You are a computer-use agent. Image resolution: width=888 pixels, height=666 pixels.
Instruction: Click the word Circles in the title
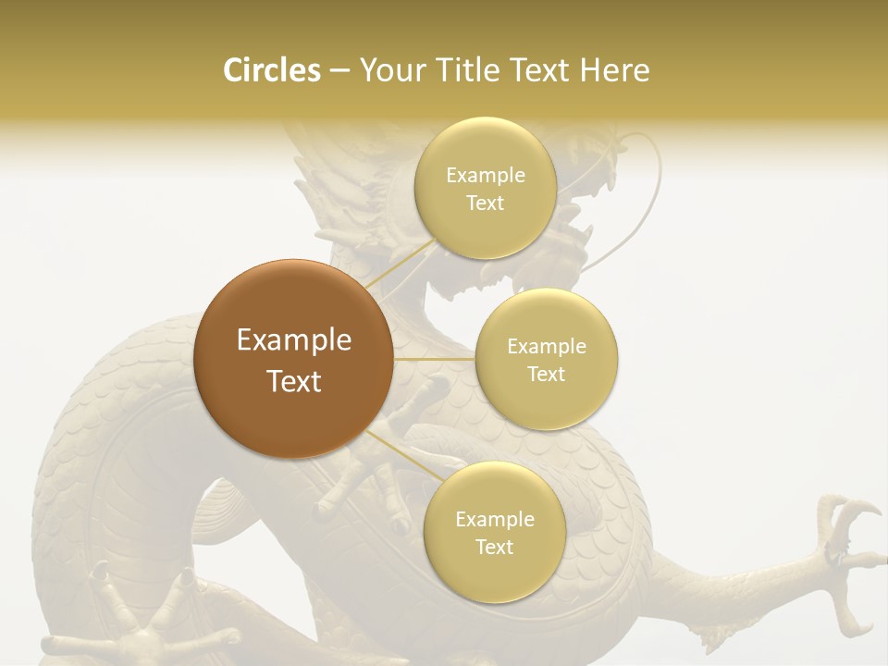pyautogui.click(x=272, y=70)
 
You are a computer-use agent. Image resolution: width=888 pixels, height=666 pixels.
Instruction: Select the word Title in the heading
pyautogui.click(x=481, y=70)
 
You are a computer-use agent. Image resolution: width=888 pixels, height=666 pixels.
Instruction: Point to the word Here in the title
pyautogui.click(x=614, y=70)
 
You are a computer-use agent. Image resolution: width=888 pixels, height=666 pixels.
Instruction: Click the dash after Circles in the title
pyautogui.click(x=339, y=71)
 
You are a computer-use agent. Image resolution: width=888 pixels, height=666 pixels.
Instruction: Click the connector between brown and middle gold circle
pyautogui.click(x=435, y=359)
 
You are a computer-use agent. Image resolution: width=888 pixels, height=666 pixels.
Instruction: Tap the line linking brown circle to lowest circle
pyautogui.click(x=402, y=457)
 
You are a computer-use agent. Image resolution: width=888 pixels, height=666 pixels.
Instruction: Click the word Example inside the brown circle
pyautogui.click(x=294, y=340)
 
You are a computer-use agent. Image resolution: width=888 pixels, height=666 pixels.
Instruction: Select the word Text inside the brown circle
pyautogui.click(x=294, y=381)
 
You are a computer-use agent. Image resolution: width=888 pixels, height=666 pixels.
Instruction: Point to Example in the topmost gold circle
pyautogui.click(x=486, y=176)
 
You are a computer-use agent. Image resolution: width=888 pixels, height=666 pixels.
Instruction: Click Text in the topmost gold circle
pyautogui.click(x=486, y=203)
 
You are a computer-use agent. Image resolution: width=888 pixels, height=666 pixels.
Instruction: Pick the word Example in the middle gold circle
pyautogui.click(x=547, y=347)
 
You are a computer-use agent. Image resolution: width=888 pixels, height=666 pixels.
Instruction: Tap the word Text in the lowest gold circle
pyautogui.click(x=494, y=547)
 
